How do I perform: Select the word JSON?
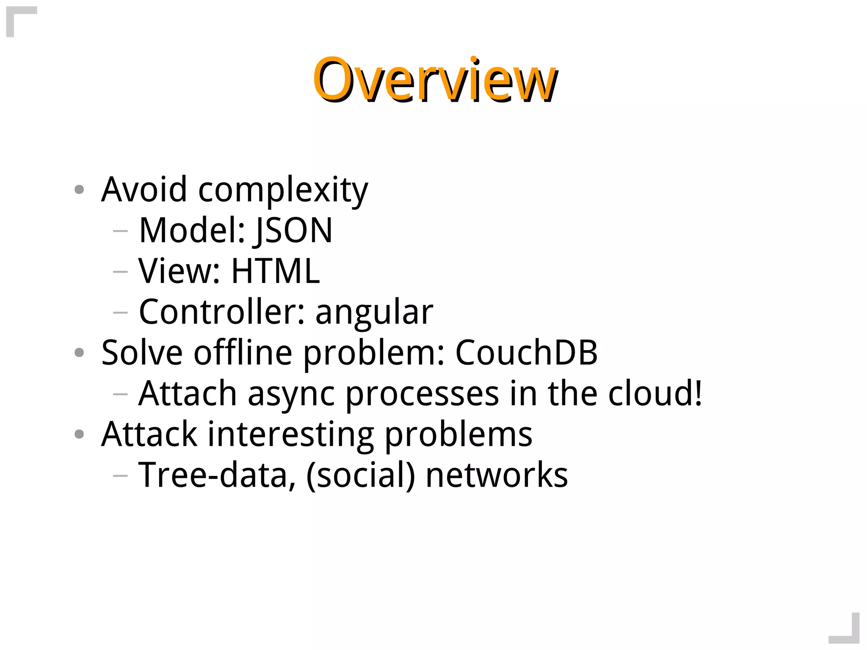click(294, 231)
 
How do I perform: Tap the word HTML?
click(275, 271)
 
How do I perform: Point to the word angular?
click(374, 313)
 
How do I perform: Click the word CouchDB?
click(526, 353)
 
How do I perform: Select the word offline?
click(243, 353)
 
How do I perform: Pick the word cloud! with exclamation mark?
click(655, 394)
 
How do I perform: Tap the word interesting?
click(290, 434)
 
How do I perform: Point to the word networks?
click(497, 476)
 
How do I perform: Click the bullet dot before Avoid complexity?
click(79, 190)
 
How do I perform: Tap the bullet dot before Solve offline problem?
click(79, 353)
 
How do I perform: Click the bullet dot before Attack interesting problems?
click(79, 434)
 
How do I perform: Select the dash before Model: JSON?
click(121, 231)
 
